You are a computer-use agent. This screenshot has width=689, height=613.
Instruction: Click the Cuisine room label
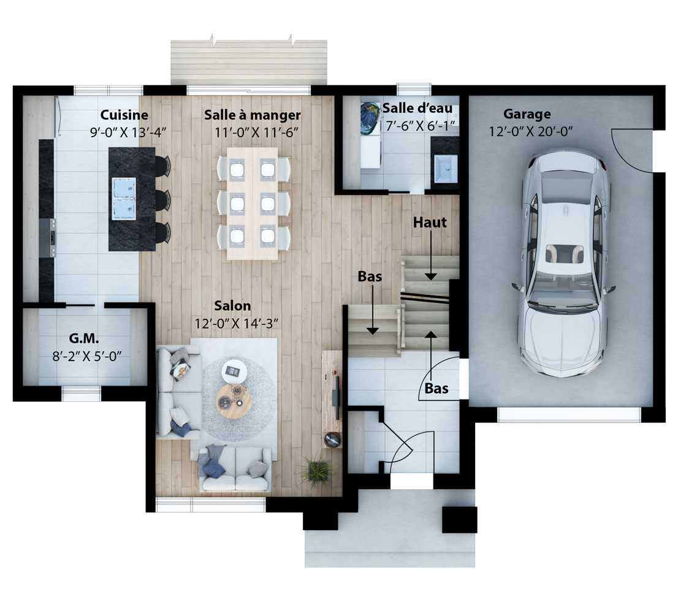(124, 115)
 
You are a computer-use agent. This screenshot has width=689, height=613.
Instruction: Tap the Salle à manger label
(252, 115)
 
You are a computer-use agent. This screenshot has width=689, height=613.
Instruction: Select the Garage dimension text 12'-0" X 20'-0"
(531, 131)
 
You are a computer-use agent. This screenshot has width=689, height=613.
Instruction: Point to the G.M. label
(84, 338)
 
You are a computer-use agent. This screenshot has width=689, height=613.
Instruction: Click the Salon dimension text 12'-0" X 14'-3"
(237, 324)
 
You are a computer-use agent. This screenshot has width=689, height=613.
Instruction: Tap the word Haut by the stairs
(430, 223)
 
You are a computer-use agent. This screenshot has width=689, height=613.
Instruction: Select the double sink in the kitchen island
(123, 198)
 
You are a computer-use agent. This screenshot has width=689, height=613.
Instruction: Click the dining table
(253, 204)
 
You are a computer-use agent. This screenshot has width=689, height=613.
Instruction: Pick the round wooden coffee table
(234, 401)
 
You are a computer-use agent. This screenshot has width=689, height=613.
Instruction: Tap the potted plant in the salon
(316, 471)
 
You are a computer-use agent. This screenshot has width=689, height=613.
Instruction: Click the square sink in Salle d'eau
(446, 168)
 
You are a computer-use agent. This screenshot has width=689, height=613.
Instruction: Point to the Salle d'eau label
(417, 108)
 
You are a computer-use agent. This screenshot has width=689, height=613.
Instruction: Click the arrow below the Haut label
(431, 255)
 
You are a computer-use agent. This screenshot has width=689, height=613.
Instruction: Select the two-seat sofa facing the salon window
(235, 470)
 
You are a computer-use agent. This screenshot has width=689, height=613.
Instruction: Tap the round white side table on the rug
(234, 371)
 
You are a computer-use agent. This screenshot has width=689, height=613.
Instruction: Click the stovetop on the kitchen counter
(47, 238)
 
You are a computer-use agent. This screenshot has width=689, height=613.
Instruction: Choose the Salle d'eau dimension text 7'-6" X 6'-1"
(420, 126)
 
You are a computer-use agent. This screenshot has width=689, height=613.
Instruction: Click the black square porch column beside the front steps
(459, 520)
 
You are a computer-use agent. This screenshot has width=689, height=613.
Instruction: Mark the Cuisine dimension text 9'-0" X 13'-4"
(128, 132)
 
